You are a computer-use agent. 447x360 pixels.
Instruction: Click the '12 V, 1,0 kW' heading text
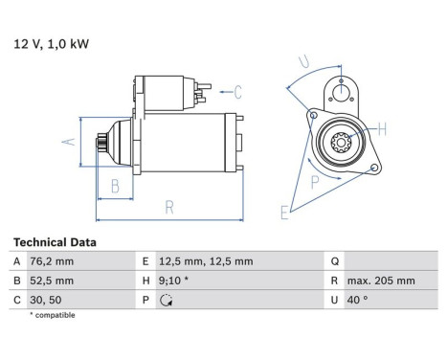46,43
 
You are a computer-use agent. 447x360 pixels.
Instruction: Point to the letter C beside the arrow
237,92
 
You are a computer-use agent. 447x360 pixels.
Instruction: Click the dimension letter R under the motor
168,206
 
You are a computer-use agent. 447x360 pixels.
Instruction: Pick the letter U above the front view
305,64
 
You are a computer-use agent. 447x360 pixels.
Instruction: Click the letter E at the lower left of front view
283,213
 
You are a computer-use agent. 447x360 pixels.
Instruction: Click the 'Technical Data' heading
54,243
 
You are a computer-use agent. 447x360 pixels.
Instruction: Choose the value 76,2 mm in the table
52,261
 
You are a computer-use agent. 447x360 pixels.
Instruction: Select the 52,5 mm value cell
52,281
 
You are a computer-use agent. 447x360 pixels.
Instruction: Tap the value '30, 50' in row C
47,300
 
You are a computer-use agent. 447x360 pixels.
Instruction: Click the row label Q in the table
335,261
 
